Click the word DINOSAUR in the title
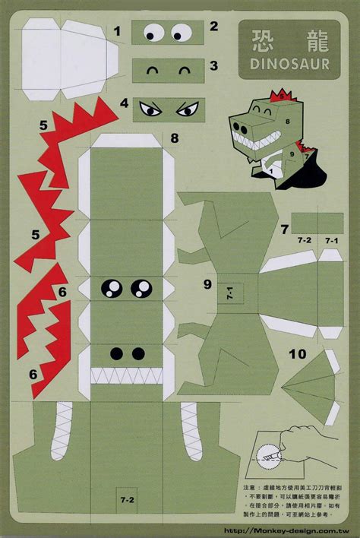[x=283, y=65]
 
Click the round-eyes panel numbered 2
[x=169, y=33]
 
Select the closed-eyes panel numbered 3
[x=169, y=71]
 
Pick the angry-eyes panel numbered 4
[x=169, y=108]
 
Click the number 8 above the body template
[x=175, y=138]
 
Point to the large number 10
[x=297, y=353]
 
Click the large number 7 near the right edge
[x=284, y=228]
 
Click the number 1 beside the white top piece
[x=118, y=31]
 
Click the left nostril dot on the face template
[x=117, y=353]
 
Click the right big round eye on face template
[x=141, y=287]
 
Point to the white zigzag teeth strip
[x=127, y=375]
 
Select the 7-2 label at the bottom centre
[x=127, y=499]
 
